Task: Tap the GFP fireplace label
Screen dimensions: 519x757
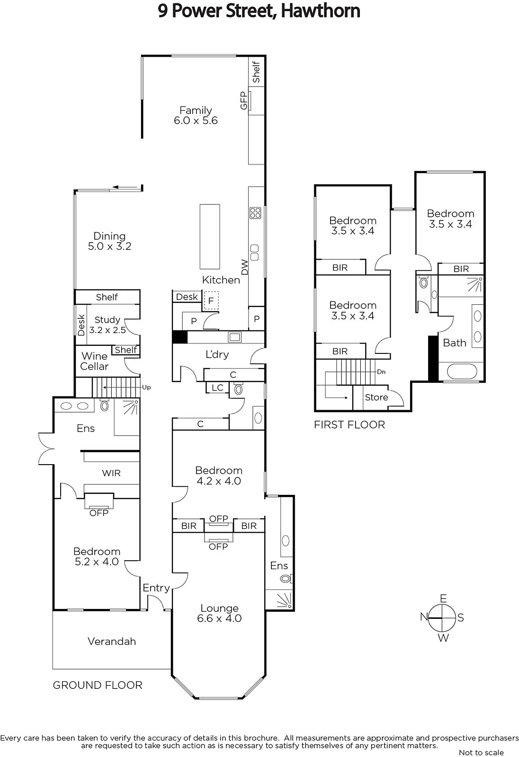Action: click(243, 101)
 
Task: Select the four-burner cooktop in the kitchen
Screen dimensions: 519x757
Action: click(255, 213)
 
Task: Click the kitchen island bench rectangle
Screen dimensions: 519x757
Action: click(210, 236)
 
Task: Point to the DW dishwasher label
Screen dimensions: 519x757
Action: click(245, 267)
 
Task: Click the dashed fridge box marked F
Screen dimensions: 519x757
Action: click(211, 301)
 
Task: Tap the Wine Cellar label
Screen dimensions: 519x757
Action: click(94, 361)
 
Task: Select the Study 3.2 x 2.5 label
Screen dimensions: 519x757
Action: click(107, 325)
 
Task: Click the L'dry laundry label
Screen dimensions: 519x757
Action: click(217, 354)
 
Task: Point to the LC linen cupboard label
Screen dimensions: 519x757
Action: click(217, 387)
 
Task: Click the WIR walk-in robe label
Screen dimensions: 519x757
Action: click(111, 473)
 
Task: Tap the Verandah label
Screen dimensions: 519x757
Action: click(112, 641)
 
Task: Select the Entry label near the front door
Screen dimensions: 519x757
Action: click(156, 589)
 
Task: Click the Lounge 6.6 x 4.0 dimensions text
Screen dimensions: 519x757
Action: click(219, 618)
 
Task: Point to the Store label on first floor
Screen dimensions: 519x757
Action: click(376, 397)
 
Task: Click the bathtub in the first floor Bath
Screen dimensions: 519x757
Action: click(462, 371)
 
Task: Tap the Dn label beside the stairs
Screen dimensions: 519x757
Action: click(381, 372)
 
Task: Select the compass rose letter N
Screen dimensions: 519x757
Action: click(424, 617)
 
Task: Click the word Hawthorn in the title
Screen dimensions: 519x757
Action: click(321, 11)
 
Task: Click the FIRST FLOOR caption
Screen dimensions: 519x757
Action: click(349, 425)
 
